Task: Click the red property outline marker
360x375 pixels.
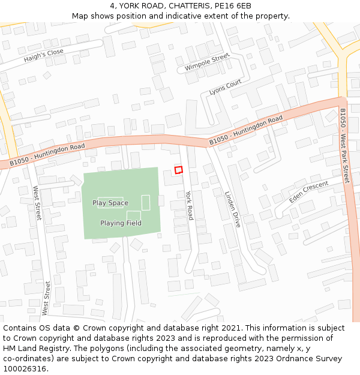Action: coord(178,170)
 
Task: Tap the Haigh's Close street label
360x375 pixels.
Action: coord(43,56)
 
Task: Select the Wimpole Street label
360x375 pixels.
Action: coord(207,62)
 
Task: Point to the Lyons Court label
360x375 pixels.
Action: coord(225,88)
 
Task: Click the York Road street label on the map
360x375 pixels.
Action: coord(189,205)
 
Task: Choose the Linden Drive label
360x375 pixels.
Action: coord(232,209)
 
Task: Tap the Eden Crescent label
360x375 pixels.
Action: coord(308,191)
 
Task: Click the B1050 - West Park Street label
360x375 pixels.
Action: coord(344,146)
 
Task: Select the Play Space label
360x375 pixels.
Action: coord(110,203)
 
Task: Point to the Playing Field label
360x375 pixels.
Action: coord(121,223)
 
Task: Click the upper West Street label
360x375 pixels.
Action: coord(37,203)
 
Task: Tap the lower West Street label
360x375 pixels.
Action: coord(46,298)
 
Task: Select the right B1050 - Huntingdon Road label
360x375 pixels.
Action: coord(245,130)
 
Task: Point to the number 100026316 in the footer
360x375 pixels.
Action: coord(25,369)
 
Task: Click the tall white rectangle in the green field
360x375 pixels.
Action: coord(145,203)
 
